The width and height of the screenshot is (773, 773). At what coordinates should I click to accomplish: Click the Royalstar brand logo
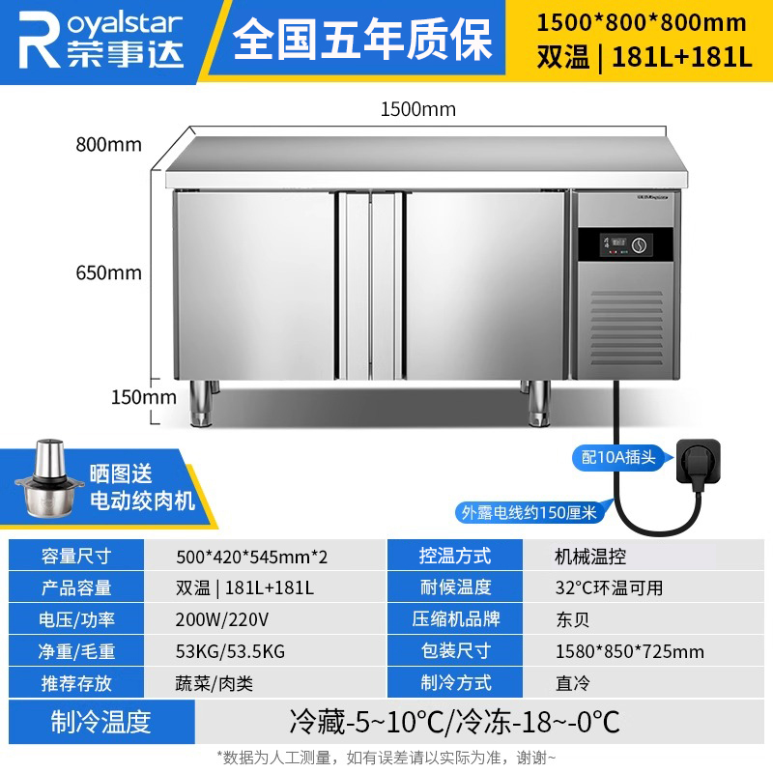(x=101, y=40)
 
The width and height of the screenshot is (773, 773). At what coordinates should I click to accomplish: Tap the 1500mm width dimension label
(x=418, y=109)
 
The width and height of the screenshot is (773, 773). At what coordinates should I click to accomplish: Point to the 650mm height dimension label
(x=108, y=272)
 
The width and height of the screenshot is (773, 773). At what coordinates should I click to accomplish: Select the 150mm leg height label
(x=143, y=397)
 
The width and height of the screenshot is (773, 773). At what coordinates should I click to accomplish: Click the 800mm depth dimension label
(x=108, y=144)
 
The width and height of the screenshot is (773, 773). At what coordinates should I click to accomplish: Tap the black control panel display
(x=625, y=244)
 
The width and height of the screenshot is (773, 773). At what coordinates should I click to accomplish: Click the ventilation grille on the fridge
(x=626, y=328)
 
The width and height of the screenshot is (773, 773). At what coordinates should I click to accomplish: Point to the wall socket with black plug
(x=697, y=463)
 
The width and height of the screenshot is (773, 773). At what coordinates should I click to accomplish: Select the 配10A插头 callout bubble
(x=618, y=457)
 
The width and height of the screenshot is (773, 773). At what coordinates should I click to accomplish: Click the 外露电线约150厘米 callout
(x=529, y=513)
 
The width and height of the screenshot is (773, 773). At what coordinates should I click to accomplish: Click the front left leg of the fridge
(x=201, y=403)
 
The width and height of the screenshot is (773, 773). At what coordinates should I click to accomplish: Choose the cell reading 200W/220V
(x=222, y=619)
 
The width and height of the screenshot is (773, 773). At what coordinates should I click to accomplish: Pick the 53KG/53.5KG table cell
(x=230, y=651)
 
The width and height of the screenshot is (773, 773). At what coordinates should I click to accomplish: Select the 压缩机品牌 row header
(x=455, y=618)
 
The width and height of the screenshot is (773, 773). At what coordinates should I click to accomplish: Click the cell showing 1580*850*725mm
(x=630, y=651)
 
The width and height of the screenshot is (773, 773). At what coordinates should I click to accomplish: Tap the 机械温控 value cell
(x=590, y=557)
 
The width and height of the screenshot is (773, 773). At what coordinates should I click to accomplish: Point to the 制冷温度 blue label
(x=101, y=722)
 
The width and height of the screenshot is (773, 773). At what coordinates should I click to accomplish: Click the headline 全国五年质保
(x=362, y=40)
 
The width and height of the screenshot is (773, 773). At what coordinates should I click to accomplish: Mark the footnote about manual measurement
(x=386, y=757)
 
